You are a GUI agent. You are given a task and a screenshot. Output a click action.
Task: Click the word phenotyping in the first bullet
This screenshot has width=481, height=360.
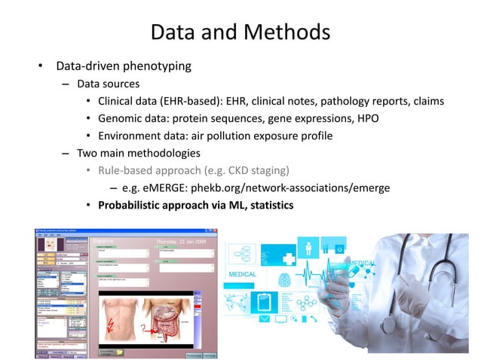pos(155,66)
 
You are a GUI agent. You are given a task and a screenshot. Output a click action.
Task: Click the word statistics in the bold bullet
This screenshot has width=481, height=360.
pos(265,205)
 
